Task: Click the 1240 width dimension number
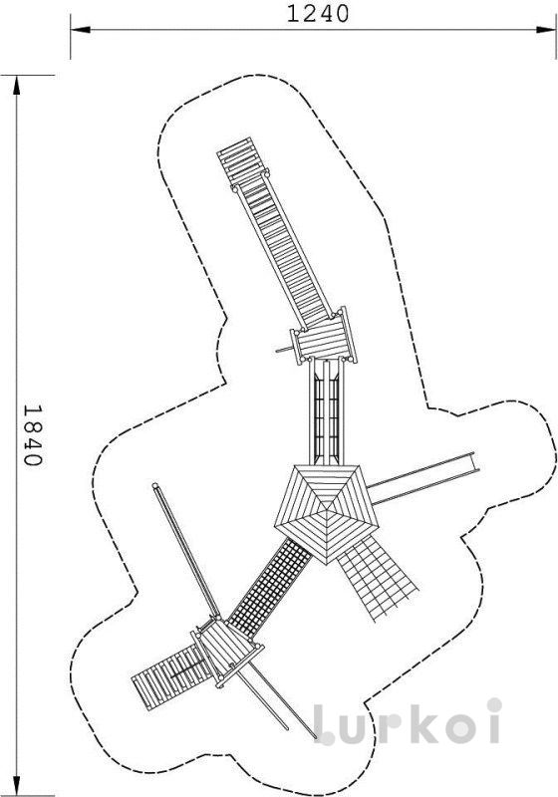(x=318, y=14)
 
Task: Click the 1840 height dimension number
(x=32, y=435)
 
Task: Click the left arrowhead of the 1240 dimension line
(x=81, y=30)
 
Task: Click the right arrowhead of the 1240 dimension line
(x=545, y=30)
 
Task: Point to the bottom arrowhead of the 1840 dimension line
(x=17, y=786)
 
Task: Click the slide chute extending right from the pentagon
(x=423, y=478)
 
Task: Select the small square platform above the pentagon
(x=323, y=338)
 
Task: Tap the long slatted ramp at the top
(x=274, y=232)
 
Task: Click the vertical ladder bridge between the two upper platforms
(x=326, y=411)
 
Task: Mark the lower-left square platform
(x=227, y=652)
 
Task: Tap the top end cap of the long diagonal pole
(x=156, y=486)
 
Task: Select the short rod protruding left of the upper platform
(x=285, y=350)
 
